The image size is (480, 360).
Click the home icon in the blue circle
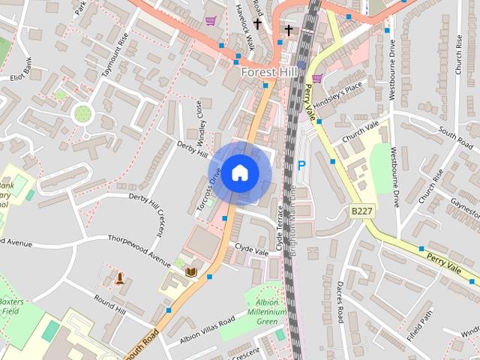238,172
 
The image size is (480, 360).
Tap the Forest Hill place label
270,72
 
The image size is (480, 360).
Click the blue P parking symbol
302,165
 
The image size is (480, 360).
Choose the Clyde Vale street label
250,246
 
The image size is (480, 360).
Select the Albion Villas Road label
207,331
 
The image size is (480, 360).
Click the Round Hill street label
109,303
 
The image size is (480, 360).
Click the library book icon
190,271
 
